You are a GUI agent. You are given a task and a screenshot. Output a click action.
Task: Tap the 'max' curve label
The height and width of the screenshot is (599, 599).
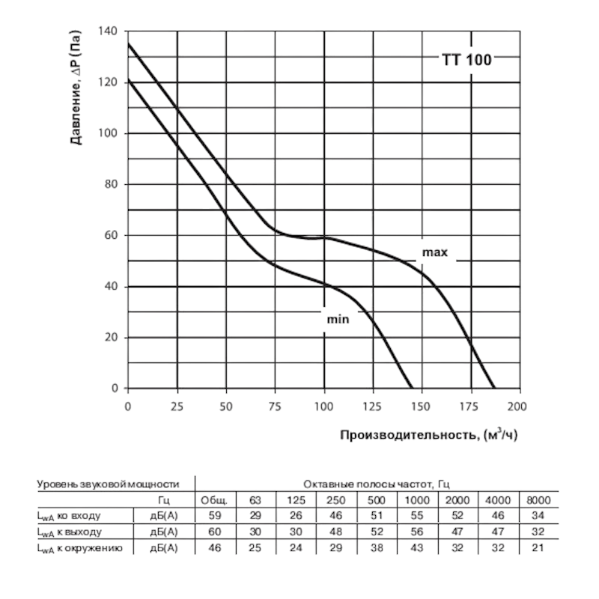[434, 253]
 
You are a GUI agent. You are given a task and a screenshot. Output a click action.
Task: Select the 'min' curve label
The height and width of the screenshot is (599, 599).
[338, 320]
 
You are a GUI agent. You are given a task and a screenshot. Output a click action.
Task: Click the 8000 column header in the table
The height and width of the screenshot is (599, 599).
[538, 500]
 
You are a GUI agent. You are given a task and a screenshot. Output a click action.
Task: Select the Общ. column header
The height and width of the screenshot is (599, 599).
[214, 500]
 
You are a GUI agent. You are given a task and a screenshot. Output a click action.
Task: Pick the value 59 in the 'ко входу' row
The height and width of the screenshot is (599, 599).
[214, 516]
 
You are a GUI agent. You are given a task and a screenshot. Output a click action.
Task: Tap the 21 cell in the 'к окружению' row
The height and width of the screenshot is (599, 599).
[538, 548]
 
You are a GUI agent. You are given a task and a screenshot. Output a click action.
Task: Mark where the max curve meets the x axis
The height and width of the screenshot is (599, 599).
[495, 389]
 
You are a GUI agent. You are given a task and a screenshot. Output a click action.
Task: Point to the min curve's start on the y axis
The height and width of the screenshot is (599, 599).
[128, 79]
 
